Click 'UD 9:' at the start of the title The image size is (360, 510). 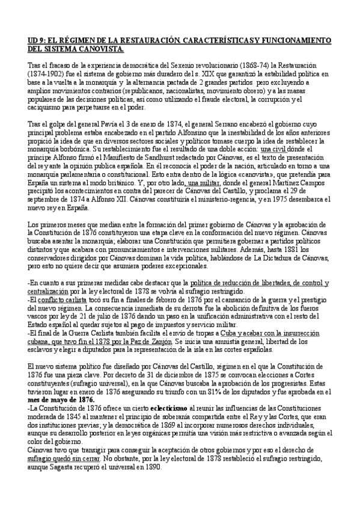[37, 40]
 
